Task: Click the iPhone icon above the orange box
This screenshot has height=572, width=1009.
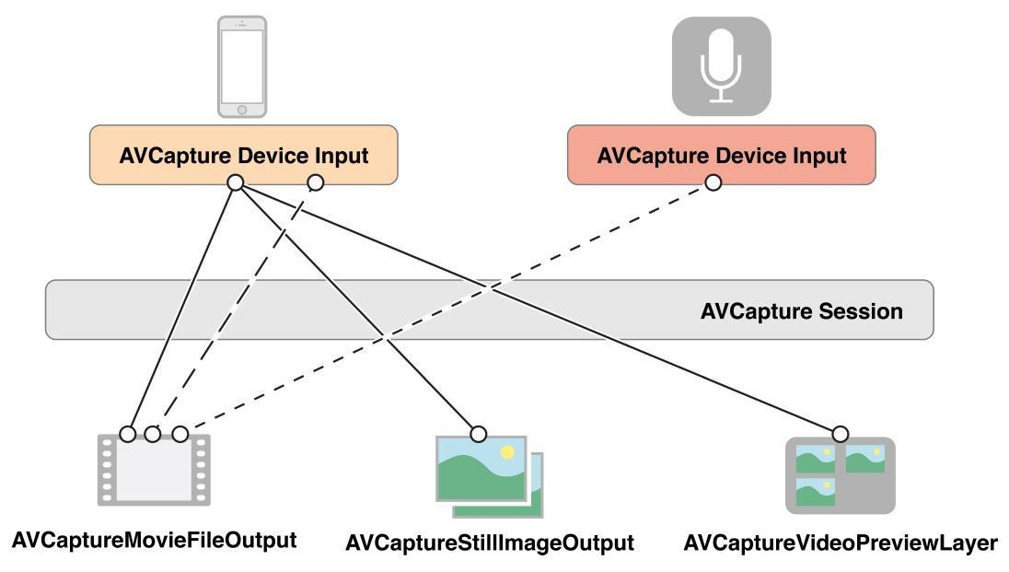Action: click(x=242, y=66)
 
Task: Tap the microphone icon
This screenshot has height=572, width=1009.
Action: click(x=721, y=66)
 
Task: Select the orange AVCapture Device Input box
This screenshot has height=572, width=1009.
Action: click(x=244, y=155)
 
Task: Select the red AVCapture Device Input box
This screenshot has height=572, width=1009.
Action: click(x=721, y=155)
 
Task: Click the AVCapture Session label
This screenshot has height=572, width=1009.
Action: click(x=801, y=311)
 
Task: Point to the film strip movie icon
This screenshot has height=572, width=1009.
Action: click(x=154, y=469)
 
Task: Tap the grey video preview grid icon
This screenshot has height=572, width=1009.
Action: click(x=840, y=475)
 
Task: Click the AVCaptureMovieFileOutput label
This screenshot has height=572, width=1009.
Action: click(x=154, y=540)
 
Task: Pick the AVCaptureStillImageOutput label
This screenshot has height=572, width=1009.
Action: click(x=490, y=543)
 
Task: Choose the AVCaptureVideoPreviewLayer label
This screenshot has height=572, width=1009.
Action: click(x=840, y=543)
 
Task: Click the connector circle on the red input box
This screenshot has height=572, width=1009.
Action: click(x=713, y=183)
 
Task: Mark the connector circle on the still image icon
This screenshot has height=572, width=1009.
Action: click(x=478, y=434)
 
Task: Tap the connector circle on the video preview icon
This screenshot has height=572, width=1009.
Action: click(x=840, y=434)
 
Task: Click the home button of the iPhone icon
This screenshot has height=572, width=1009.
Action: click(x=242, y=110)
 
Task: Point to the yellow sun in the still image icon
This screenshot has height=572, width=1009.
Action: click(x=506, y=452)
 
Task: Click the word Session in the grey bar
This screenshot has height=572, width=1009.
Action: click(x=861, y=311)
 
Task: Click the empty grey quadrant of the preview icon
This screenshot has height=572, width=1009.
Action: click(x=865, y=492)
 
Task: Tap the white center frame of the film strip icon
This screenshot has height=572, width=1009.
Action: click(x=154, y=471)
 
